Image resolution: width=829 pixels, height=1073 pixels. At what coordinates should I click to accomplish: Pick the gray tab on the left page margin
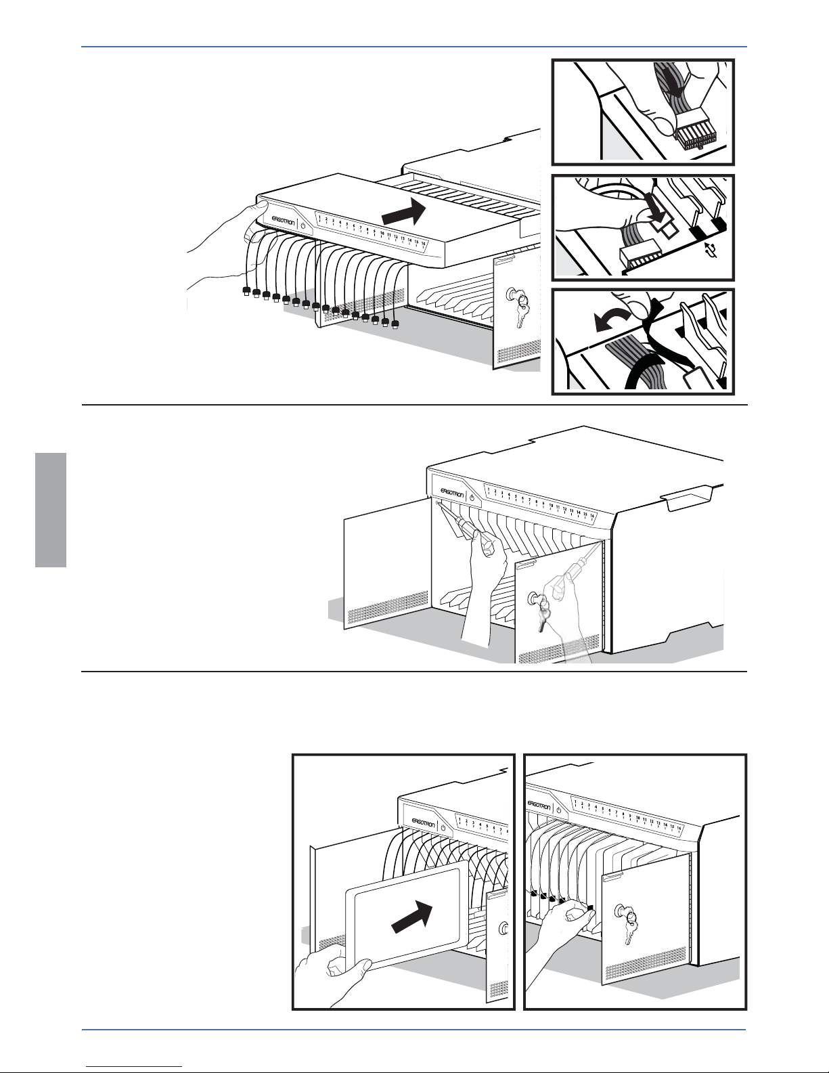(51, 510)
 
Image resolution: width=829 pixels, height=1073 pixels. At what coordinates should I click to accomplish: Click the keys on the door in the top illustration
(518, 305)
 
